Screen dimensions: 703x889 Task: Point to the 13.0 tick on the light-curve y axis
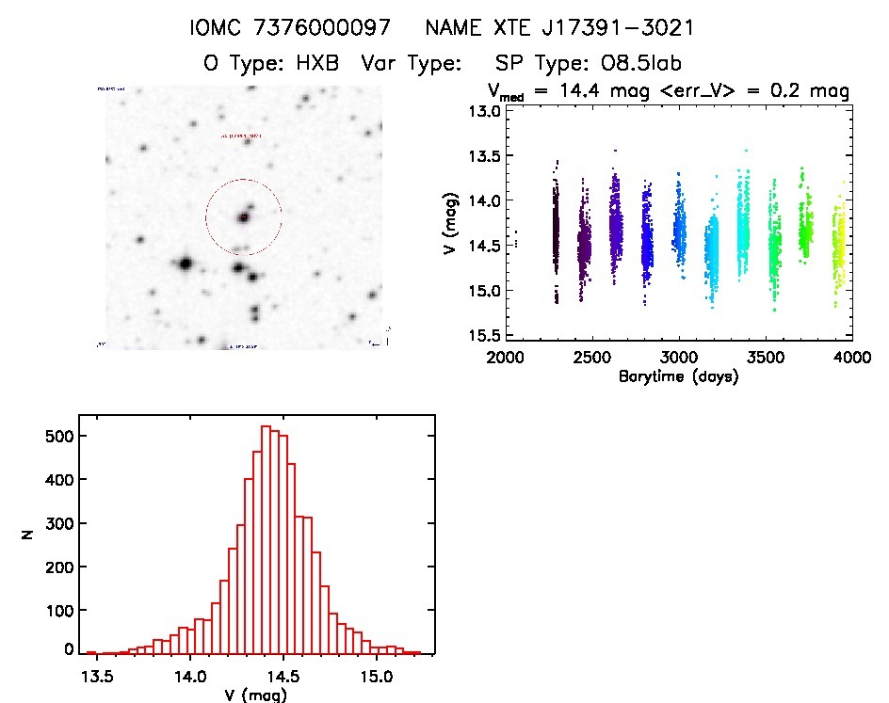(x=487, y=111)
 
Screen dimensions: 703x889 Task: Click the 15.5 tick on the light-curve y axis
(x=487, y=335)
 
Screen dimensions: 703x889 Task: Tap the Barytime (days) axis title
(x=678, y=376)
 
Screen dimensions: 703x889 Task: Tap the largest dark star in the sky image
(x=185, y=264)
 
